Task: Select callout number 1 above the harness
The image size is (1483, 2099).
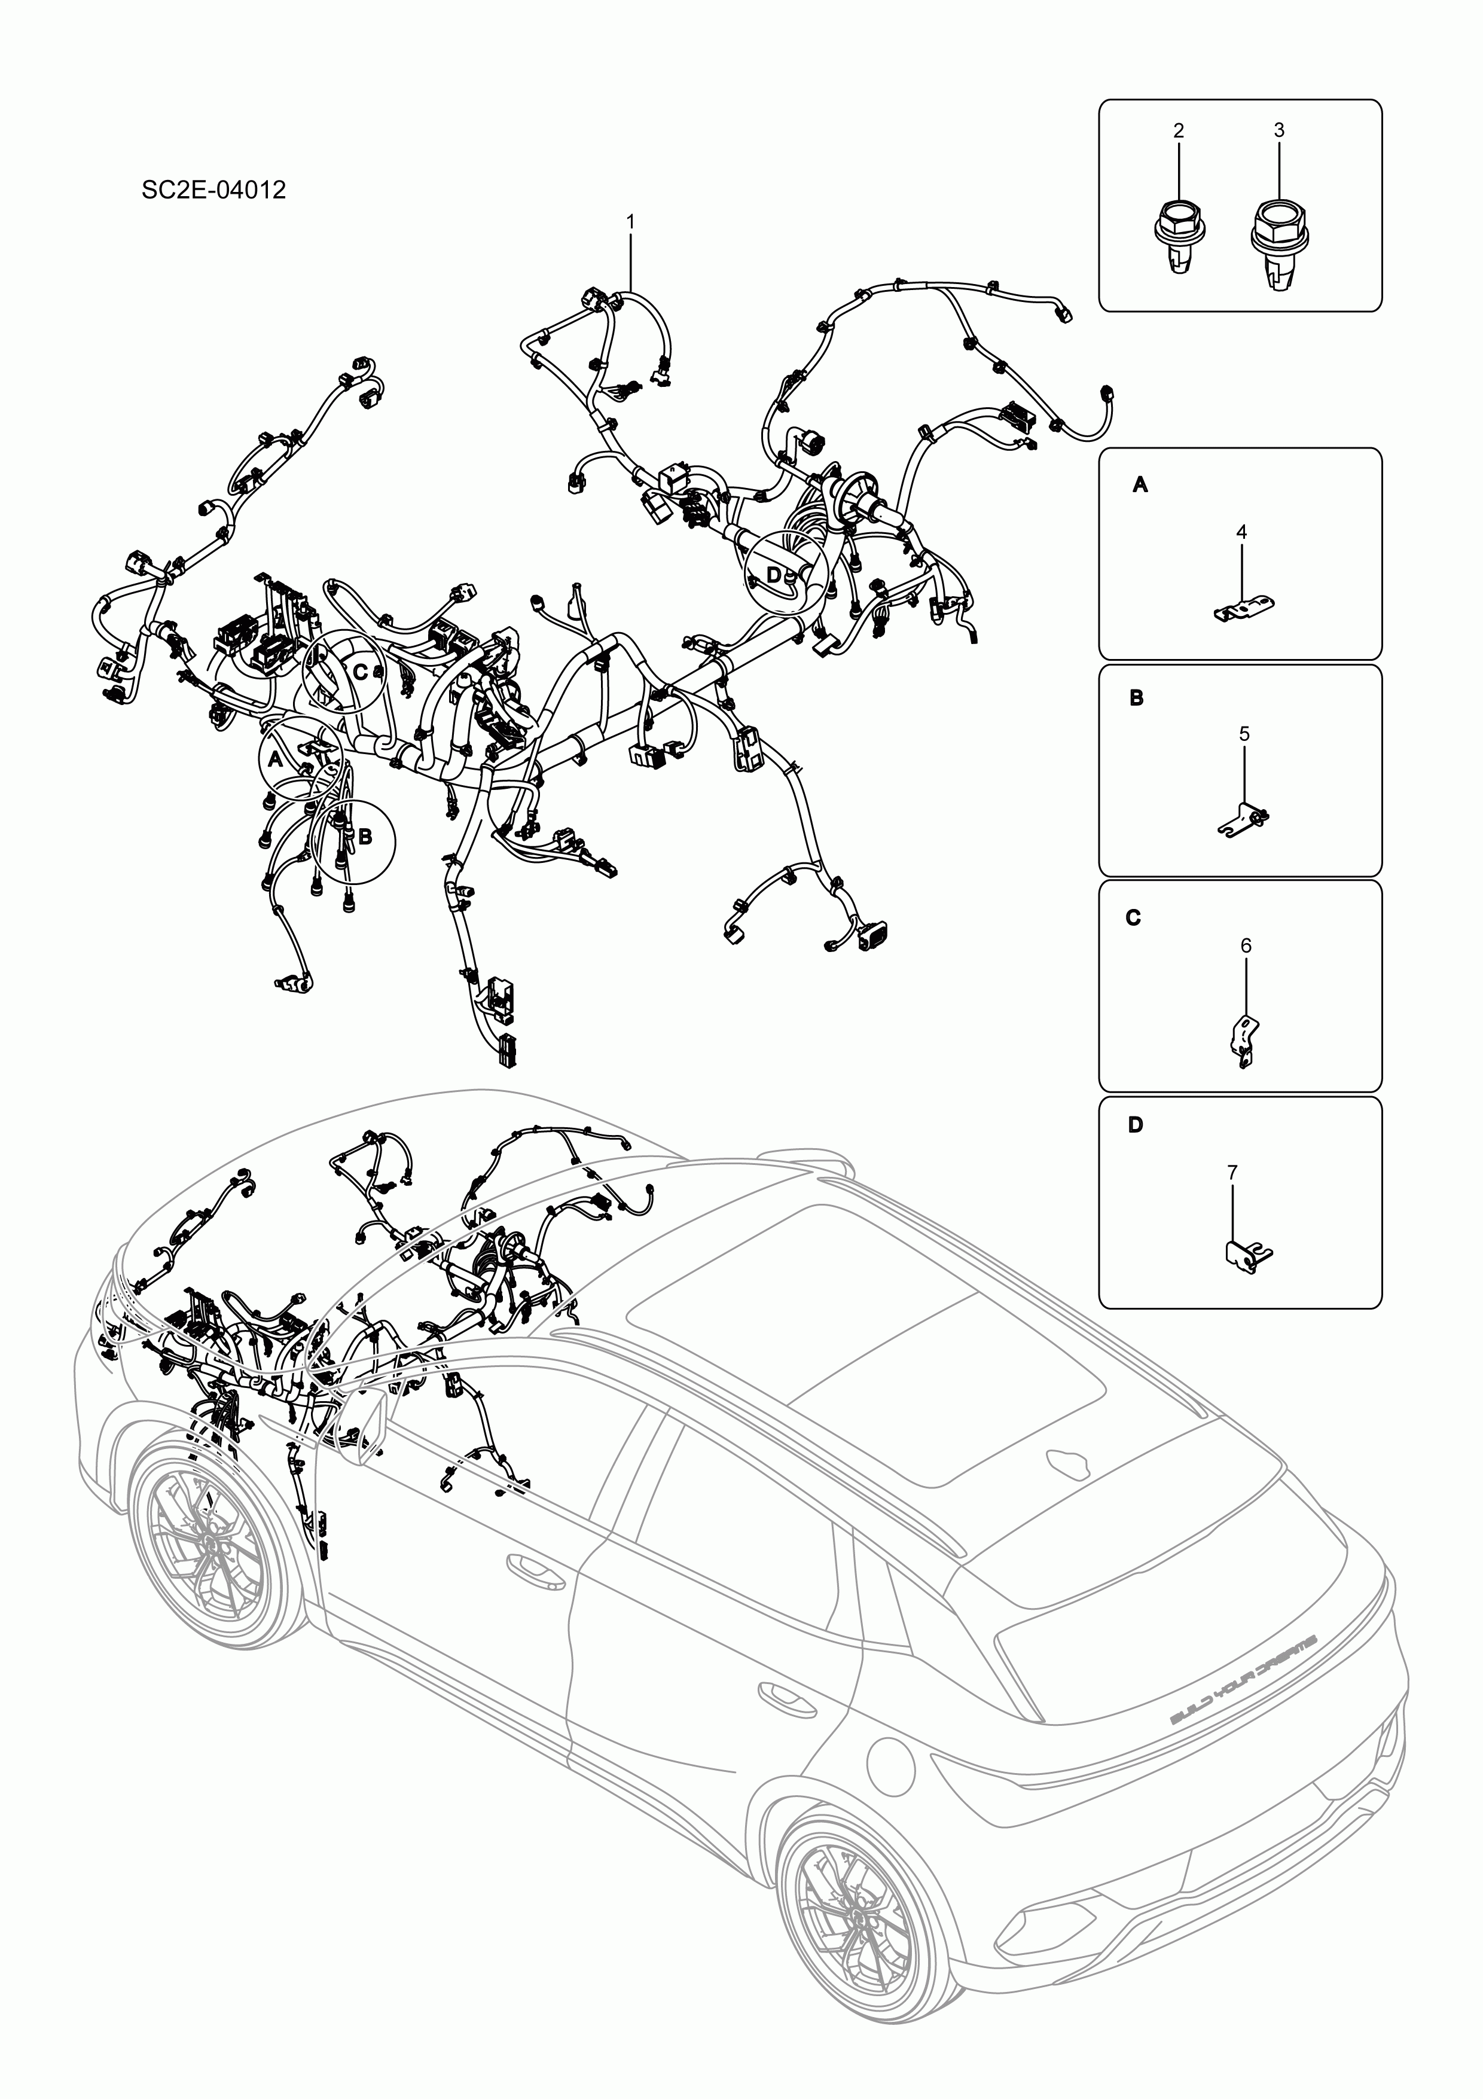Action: [630, 221]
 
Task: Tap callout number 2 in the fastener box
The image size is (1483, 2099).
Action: [1179, 131]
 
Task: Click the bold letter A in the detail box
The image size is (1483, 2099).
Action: [1140, 486]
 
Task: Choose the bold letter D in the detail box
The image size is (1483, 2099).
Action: [1136, 1125]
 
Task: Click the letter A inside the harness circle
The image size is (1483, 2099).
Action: [274, 759]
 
